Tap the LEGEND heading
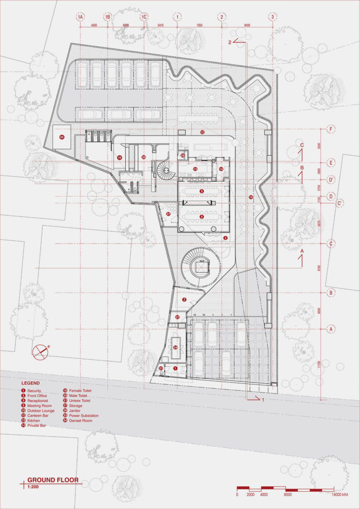point(31,382)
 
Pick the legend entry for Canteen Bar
point(38,411)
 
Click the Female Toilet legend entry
point(80,390)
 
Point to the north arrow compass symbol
point(40,351)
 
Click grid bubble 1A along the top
point(80,17)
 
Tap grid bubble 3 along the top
point(273,17)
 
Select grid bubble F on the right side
point(331,128)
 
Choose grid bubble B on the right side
point(331,293)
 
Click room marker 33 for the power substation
point(62,137)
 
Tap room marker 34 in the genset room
point(176,347)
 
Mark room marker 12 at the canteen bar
point(202,132)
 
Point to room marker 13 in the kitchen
point(195,168)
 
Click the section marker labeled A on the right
point(301,251)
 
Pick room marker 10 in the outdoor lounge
point(251,196)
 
